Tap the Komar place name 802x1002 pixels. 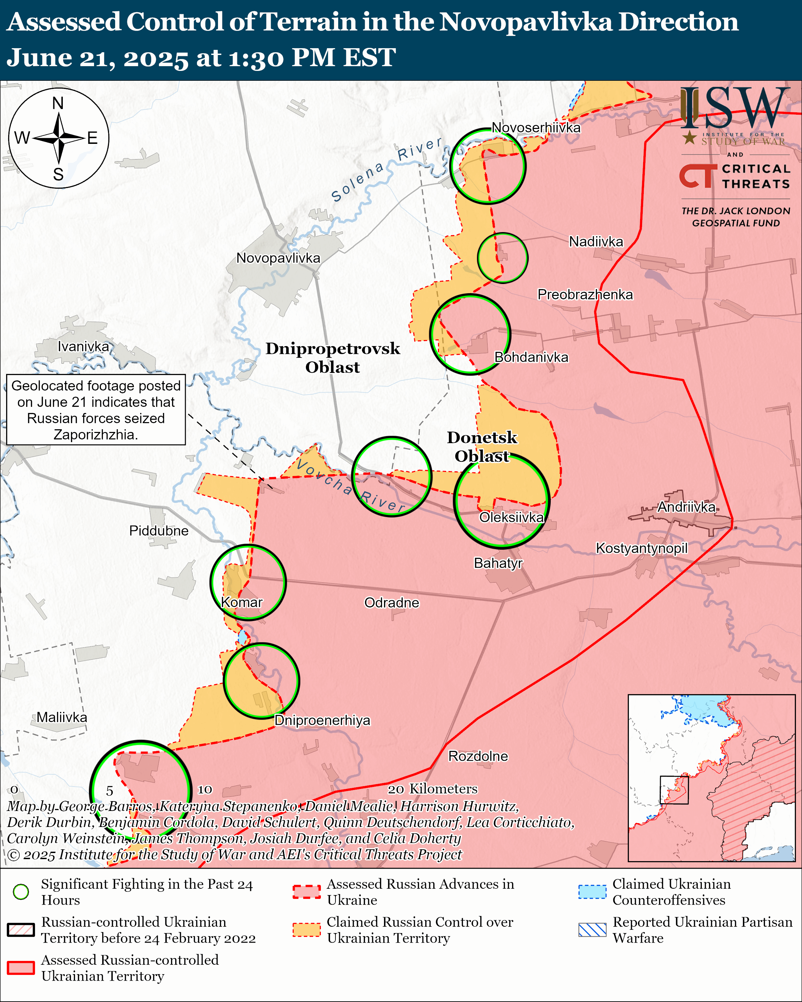point(241,602)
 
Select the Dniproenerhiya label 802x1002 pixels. point(322,720)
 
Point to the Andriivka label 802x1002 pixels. point(686,507)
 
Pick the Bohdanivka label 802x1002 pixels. point(531,357)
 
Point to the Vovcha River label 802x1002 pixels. point(351,486)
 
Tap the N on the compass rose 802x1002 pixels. point(58,103)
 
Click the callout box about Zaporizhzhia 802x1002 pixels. point(96,410)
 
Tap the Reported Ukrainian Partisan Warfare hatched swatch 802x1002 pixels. point(592,930)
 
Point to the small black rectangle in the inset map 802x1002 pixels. point(674,790)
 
